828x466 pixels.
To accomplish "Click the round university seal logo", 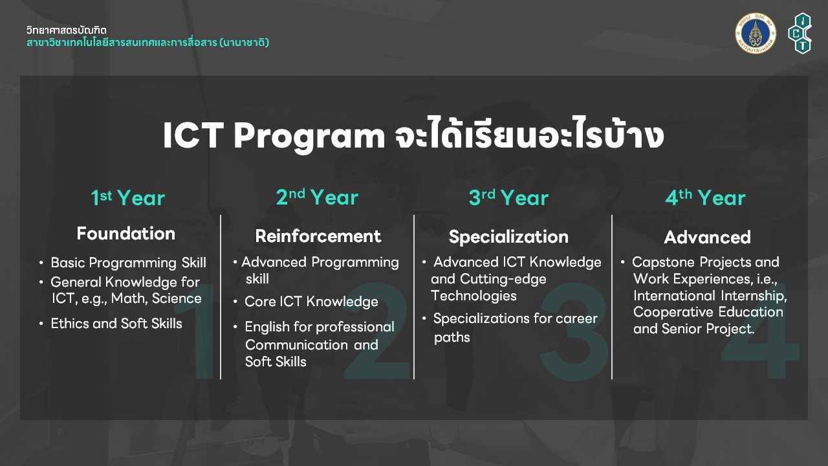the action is (x=756, y=33).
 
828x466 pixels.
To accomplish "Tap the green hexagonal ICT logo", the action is (x=800, y=33).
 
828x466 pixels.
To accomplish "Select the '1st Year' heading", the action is (x=128, y=197).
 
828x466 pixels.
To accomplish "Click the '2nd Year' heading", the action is (x=317, y=197).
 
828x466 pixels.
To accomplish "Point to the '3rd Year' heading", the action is (x=508, y=197).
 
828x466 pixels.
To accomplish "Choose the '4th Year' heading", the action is (x=705, y=197).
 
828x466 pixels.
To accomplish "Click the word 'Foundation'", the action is (x=126, y=234).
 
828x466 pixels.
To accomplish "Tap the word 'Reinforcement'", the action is (x=318, y=236).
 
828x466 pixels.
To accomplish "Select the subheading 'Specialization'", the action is (x=508, y=237).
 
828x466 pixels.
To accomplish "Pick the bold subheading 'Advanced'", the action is (x=708, y=237).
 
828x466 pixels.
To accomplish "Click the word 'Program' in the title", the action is (x=309, y=136).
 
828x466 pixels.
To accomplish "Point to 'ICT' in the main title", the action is (x=193, y=135).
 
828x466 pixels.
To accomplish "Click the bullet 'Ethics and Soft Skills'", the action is (x=116, y=324).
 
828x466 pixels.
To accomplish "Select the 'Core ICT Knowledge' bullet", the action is (x=311, y=302).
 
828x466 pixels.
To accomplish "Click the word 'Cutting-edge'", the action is (x=503, y=279).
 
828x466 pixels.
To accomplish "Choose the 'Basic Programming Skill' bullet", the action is (x=128, y=263).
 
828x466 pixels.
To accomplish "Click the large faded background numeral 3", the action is (x=574, y=331).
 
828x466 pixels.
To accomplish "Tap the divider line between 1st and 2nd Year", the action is (x=221, y=297).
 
